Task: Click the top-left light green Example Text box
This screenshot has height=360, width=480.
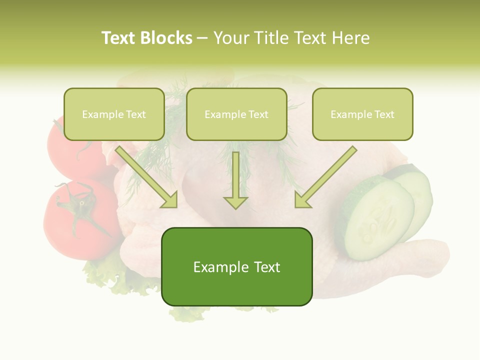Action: click(114, 114)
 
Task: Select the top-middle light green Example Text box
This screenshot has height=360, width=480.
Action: click(236, 114)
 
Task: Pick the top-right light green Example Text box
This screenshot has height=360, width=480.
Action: click(362, 114)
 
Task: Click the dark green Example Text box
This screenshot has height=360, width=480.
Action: click(236, 267)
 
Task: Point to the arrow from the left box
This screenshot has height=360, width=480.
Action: click(147, 177)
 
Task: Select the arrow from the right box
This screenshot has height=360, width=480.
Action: click(325, 177)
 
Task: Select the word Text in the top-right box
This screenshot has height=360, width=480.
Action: click(384, 114)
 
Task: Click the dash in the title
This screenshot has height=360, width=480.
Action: click(202, 38)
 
